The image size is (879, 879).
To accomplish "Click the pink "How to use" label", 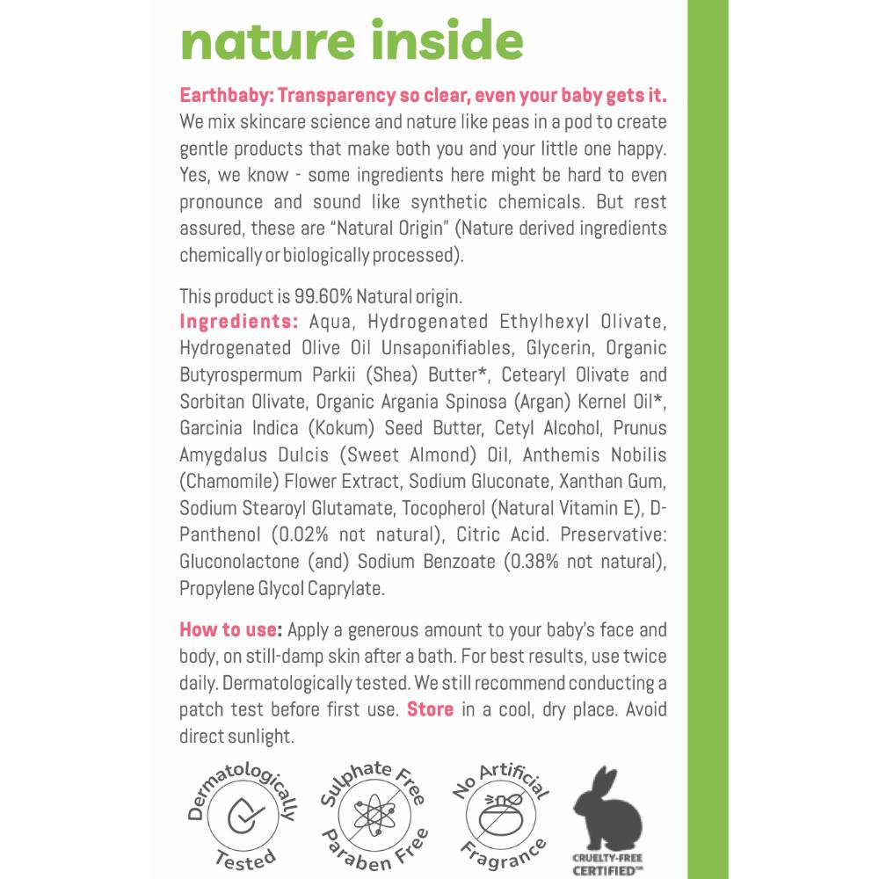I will click(x=229, y=629).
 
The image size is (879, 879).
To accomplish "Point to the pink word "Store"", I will click(x=430, y=708).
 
